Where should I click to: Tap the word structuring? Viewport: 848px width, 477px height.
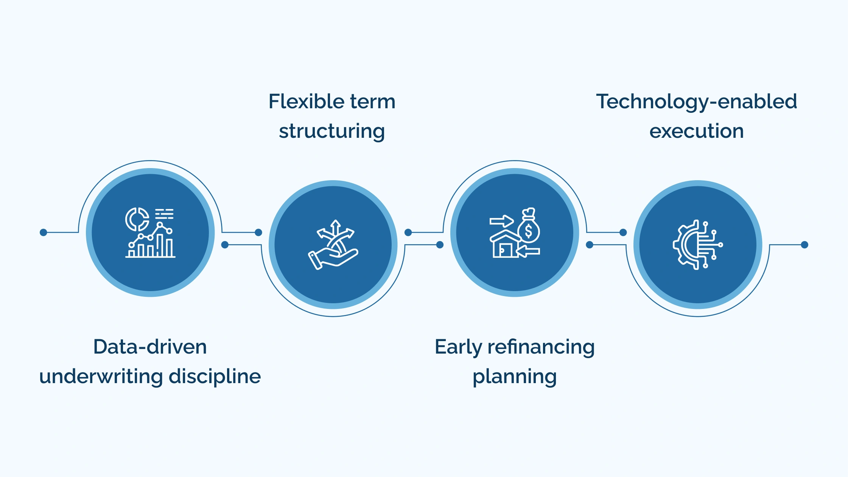pyautogui.click(x=332, y=131)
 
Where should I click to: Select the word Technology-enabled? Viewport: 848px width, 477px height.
pyautogui.click(x=696, y=101)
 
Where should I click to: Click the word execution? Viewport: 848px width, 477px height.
pyautogui.click(x=696, y=131)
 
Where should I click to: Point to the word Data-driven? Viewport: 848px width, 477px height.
pyautogui.click(x=150, y=347)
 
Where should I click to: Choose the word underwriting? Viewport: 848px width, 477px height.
pyautogui.click(x=101, y=376)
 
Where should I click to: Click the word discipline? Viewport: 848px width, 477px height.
pyautogui.click(x=215, y=376)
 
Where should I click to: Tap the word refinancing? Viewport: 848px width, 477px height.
pyautogui.click(x=541, y=347)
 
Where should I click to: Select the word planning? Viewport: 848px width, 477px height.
pyautogui.click(x=515, y=377)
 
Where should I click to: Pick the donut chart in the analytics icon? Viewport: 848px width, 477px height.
pyautogui.click(x=137, y=219)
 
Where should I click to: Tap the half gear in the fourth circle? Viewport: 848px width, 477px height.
pyautogui.click(x=685, y=245)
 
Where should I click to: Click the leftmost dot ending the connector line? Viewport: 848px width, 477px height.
pyautogui.click(x=44, y=232)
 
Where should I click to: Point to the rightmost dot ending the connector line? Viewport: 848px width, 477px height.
pyautogui.click(x=804, y=245)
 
